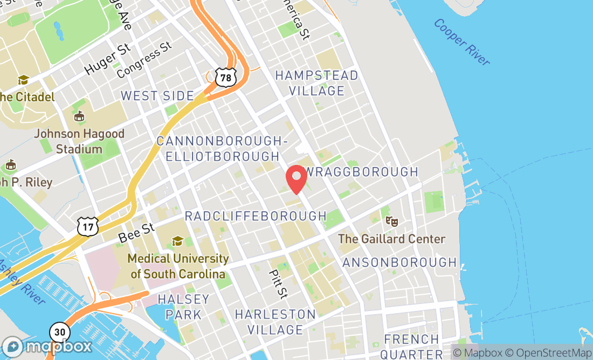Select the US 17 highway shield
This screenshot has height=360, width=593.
[87, 226]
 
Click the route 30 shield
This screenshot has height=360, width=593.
[60, 331]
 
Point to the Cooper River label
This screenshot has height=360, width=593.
[461, 42]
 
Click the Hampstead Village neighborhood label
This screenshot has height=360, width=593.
[316, 83]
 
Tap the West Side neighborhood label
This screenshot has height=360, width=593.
[157, 96]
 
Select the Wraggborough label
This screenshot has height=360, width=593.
[362, 172]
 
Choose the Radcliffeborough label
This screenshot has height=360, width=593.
[256, 216]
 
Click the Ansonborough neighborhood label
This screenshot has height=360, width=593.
[399, 262]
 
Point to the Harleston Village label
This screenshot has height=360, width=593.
[275, 322]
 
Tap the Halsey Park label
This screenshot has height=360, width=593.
[184, 307]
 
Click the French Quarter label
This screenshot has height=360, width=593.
[411, 347]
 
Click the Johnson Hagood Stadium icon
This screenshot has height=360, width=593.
[79, 116]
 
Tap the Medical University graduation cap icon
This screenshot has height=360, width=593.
[177, 241]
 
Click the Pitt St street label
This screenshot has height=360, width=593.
[279, 283]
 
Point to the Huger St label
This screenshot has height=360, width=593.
[108, 59]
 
